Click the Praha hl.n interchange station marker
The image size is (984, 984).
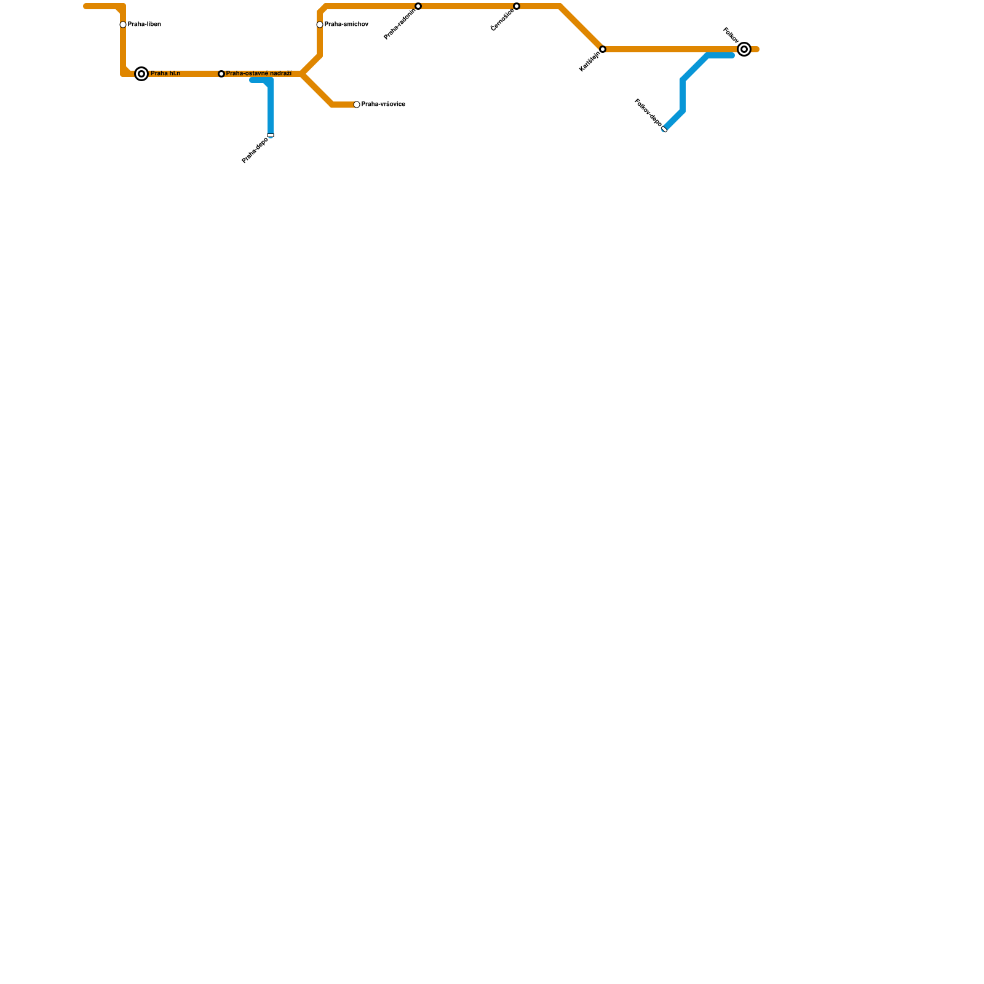click(x=141, y=74)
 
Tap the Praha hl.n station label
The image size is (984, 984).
click(x=165, y=74)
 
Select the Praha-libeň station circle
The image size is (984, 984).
click(x=123, y=25)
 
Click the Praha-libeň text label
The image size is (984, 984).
click(x=145, y=25)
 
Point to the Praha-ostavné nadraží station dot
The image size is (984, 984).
click(x=221, y=74)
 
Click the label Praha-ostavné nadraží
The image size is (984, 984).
click(x=259, y=74)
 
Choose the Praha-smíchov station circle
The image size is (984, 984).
click(x=320, y=25)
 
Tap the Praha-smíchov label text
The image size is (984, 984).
click(x=346, y=25)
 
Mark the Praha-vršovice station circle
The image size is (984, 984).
click(x=357, y=105)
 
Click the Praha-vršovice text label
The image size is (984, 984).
click(x=383, y=105)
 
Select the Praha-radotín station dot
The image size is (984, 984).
click(x=418, y=6)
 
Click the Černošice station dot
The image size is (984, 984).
click(x=517, y=6)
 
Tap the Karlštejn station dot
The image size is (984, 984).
click(x=603, y=49)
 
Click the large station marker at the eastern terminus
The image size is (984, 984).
click(x=744, y=49)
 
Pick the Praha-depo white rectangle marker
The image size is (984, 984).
click(x=271, y=135)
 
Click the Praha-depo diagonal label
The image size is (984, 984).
click(x=255, y=151)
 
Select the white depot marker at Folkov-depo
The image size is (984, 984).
click(x=664, y=129)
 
